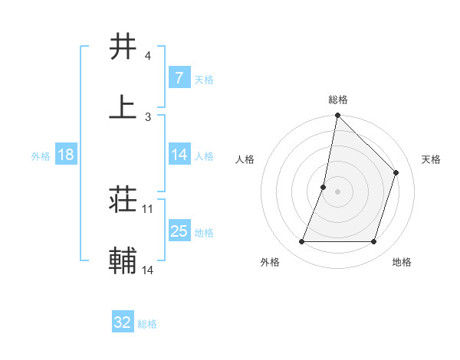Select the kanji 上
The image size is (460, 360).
point(123,106)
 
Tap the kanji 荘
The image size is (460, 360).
point(123,200)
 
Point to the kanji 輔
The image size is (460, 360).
point(123,260)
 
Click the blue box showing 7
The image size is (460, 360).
point(179,77)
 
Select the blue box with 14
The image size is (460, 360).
point(179,155)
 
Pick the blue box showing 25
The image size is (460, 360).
point(179,231)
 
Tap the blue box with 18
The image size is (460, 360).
point(66,155)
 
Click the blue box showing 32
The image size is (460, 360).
point(123,322)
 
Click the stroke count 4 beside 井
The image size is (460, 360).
point(147,56)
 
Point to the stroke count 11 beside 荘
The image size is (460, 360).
point(148,208)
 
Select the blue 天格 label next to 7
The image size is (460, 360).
point(204,79)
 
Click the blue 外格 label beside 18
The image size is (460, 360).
point(41,155)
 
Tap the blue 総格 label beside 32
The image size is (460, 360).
point(148,324)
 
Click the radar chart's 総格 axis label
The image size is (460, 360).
point(338,100)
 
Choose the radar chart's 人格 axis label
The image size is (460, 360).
point(245,159)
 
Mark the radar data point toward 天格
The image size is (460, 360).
point(396,172)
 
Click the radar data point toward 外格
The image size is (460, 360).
point(301,242)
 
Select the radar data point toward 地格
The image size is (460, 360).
point(374,242)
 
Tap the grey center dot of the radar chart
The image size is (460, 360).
point(338,191)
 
